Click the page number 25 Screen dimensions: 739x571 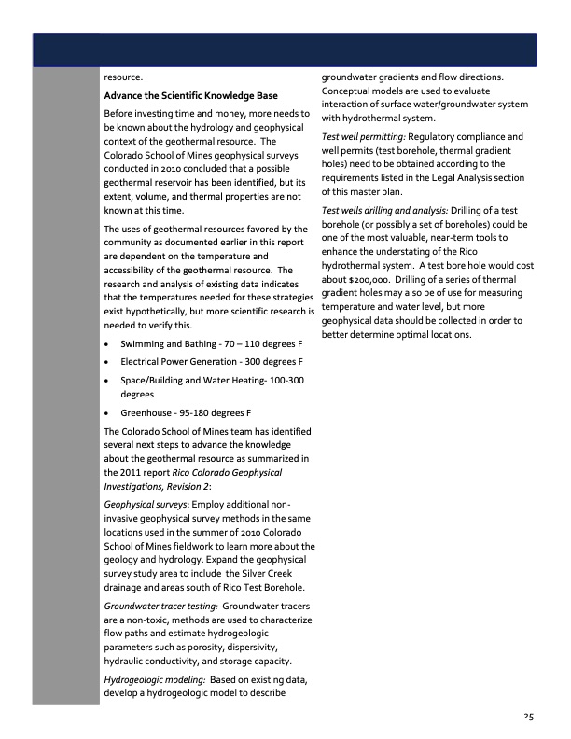(x=528, y=716)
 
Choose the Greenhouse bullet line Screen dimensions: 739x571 (x=187, y=412)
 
